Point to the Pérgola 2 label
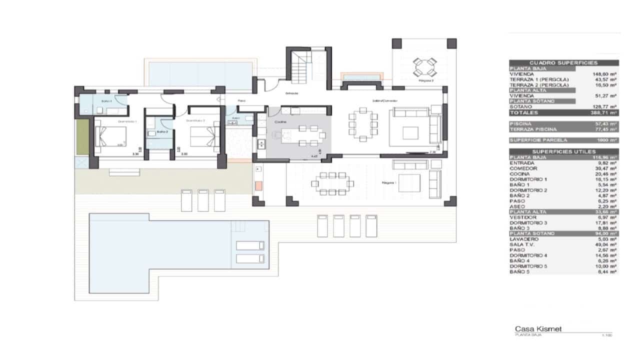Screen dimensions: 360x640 pyautogui.click(x=426, y=80)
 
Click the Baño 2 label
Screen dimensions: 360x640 pyautogui.click(x=161, y=132)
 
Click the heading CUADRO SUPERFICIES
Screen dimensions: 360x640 pyautogui.click(x=563, y=63)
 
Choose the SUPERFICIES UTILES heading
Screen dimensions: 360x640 pyautogui.click(x=563, y=151)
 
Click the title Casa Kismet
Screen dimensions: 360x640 pyautogui.click(x=538, y=329)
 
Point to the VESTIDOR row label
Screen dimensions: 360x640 pyautogui.click(x=521, y=217)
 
